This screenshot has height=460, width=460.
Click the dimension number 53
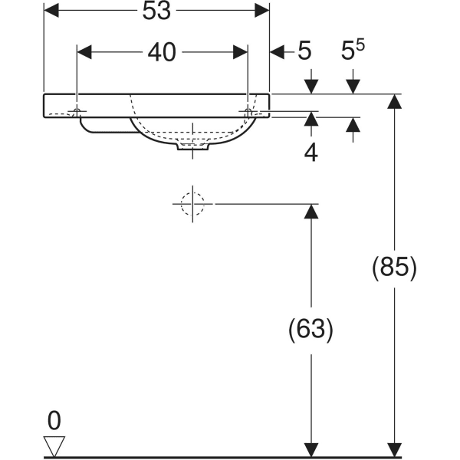point(156,11)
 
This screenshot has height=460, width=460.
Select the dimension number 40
point(162,52)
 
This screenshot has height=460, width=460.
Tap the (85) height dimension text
point(393,268)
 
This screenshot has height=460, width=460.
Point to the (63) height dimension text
point(310,330)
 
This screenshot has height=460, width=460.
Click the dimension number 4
point(310,152)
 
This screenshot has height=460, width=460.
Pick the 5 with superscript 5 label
point(353,51)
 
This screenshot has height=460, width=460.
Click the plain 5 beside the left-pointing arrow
point(304,52)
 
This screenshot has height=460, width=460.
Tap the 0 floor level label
point(54,420)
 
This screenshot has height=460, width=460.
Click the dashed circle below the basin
point(192,204)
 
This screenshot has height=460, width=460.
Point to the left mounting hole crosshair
point(78,112)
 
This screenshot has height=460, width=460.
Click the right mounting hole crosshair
point(247,112)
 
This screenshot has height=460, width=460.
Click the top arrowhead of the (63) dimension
point(310,211)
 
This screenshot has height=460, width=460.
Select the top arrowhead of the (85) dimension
point(394,100)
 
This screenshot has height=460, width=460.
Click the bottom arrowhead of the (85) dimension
point(394,450)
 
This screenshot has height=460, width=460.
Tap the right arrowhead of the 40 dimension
point(240,52)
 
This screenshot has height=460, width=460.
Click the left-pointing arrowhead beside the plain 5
point(278,52)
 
